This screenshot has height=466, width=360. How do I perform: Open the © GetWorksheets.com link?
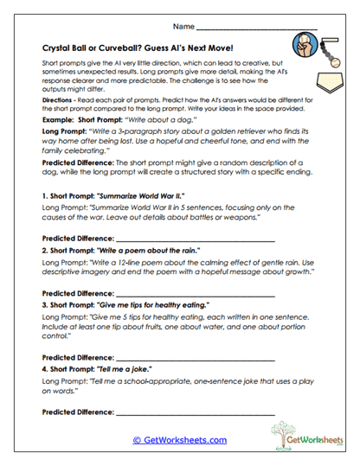(180, 440)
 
